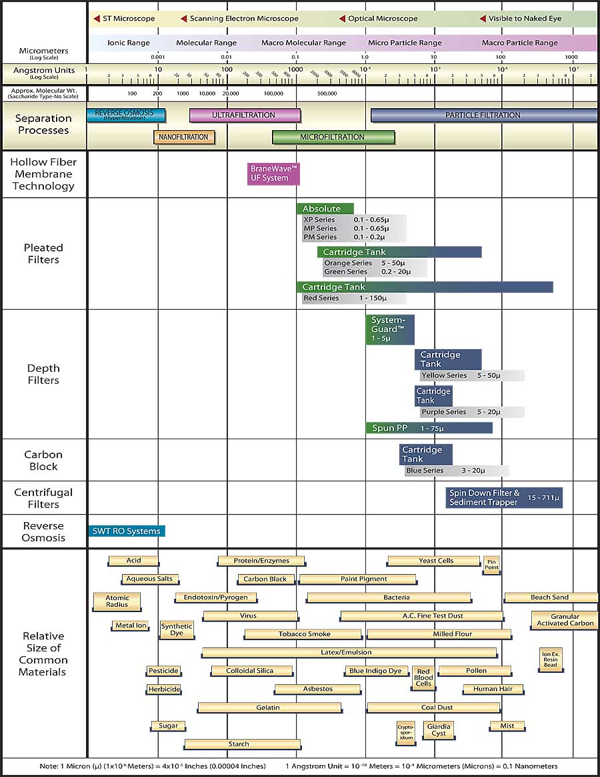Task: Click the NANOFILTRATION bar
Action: point(183,138)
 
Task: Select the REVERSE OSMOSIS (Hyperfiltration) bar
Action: point(126,115)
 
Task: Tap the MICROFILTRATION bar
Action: point(333,138)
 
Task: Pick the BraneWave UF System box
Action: point(273,174)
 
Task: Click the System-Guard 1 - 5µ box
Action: point(390,329)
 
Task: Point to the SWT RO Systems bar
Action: point(126,531)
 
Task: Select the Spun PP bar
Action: point(429,428)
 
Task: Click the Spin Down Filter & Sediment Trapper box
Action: point(504,497)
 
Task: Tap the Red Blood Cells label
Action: point(424,678)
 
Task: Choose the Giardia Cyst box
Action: point(439,730)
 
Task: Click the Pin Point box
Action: point(491,565)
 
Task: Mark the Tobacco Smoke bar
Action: point(305,634)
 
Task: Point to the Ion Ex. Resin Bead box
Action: point(550,659)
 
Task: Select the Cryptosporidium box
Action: point(405,732)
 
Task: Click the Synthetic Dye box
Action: point(177,629)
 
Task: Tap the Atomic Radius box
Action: point(117,601)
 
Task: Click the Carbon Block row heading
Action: point(43,461)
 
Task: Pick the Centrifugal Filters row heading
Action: point(43,498)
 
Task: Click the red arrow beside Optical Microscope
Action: point(342,19)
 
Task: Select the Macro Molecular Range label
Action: point(303,43)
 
